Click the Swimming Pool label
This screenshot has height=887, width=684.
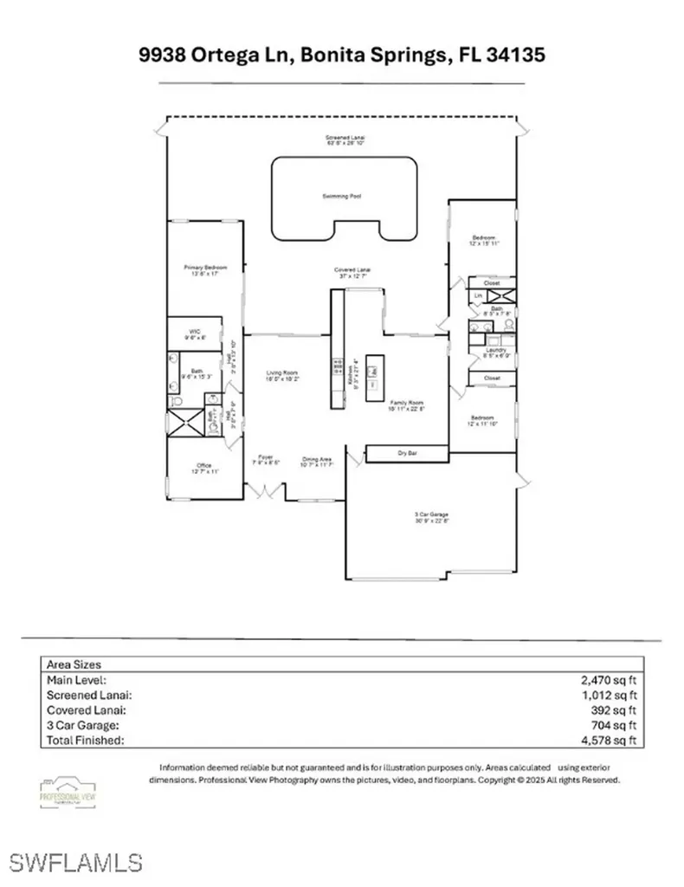[x=345, y=197]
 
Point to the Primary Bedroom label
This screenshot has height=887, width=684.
[x=204, y=268]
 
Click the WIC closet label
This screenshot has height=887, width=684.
[x=195, y=332]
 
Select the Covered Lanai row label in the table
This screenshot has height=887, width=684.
[x=87, y=710]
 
